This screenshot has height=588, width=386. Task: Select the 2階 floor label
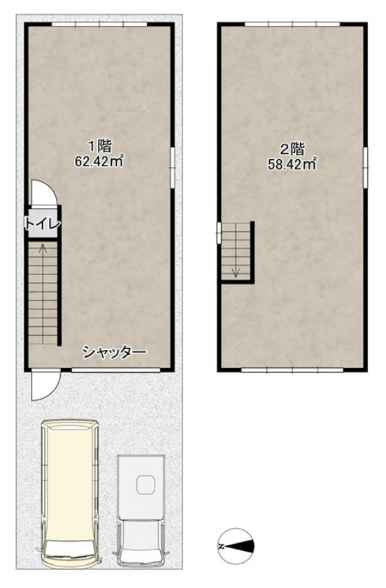292,148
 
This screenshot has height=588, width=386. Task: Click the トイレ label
43,224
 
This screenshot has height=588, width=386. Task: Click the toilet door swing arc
41,193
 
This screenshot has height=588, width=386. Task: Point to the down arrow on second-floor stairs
235,271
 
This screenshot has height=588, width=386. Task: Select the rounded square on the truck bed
145,484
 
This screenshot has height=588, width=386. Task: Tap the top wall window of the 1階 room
99,24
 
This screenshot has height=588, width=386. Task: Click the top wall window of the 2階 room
292,24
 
